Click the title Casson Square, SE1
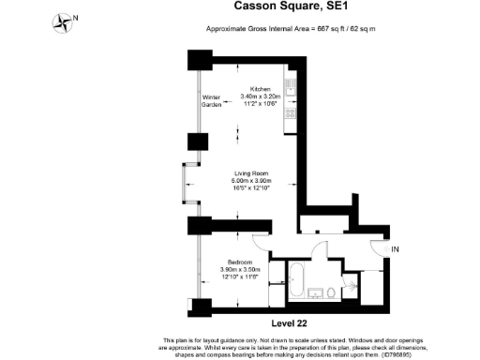click(x=267, y=8)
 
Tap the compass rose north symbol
click(x=64, y=20)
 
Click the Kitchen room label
click(x=260, y=89)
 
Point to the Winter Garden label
click(x=212, y=101)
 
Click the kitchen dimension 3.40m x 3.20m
click(x=260, y=97)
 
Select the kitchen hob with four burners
click(x=292, y=89)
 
